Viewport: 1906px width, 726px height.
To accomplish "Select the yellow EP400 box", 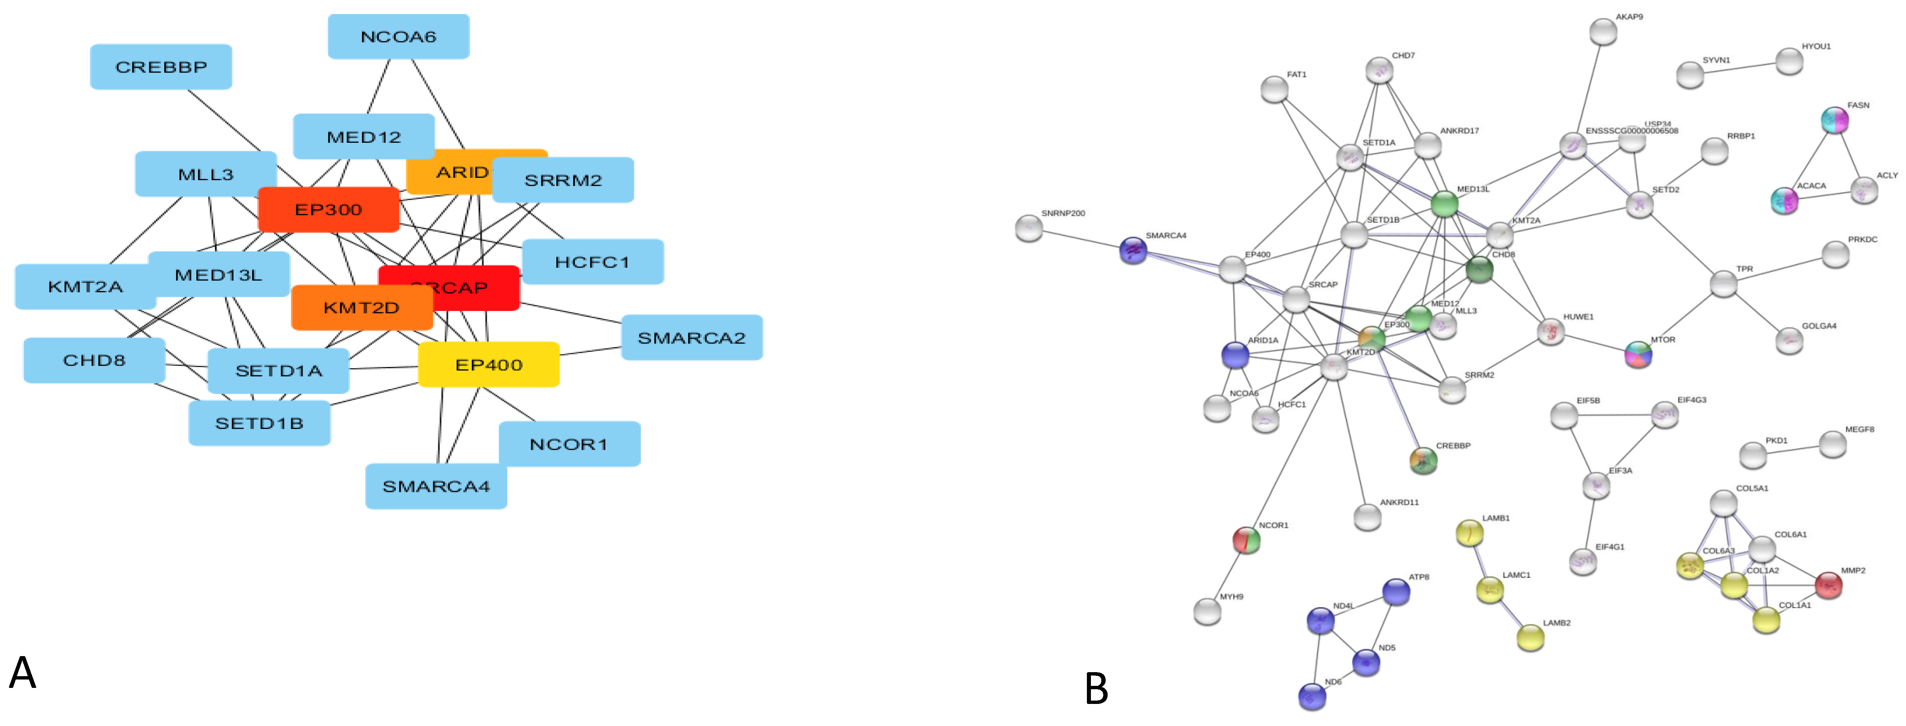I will pyautogui.click(x=488, y=365).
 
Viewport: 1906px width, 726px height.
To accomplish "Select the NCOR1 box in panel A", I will pyautogui.click(x=568, y=444).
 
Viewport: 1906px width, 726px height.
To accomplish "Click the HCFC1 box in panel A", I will pyautogui.click(x=592, y=262).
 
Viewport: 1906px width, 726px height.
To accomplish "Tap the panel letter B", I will pyautogui.click(x=1096, y=689).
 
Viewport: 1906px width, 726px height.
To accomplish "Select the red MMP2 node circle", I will pyautogui.click(x=1828, y=585).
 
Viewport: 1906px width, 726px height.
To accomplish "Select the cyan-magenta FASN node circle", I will pyautogui.click(x=1834, y=120).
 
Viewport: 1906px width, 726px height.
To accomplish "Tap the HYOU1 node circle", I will pyautogui.click(x=1789, y=62).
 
